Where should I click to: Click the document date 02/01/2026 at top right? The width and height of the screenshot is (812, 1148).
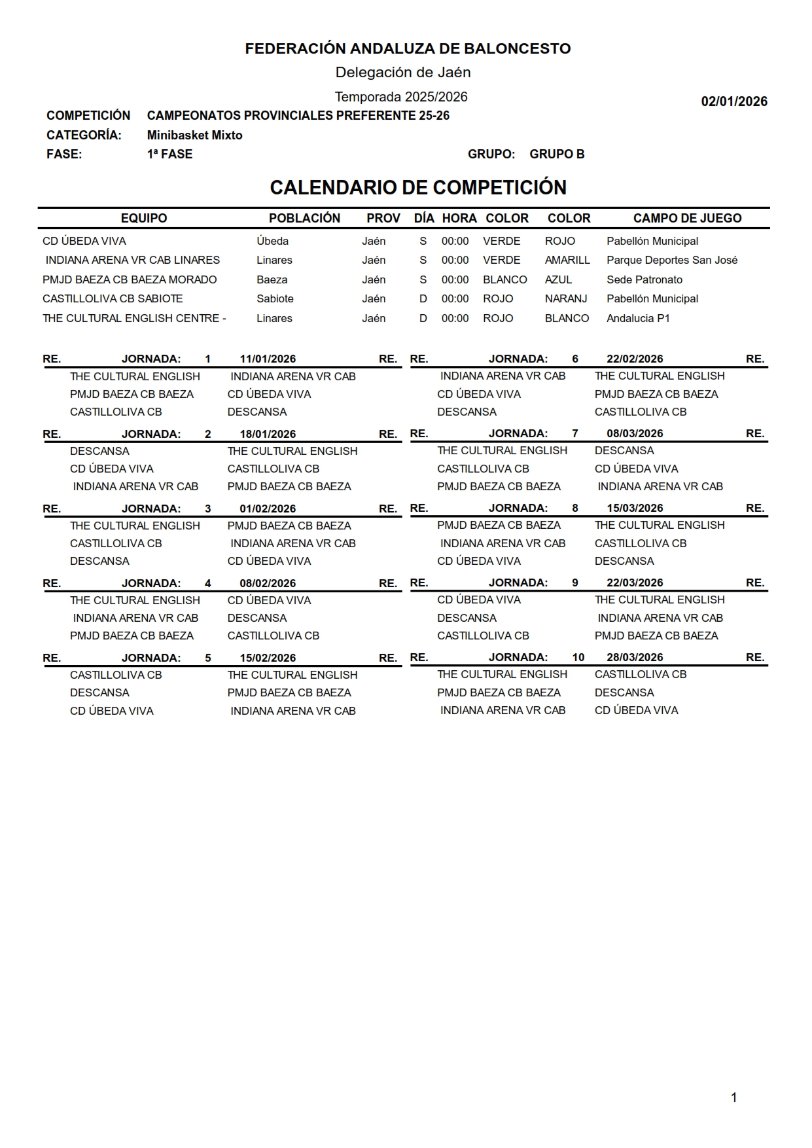(734, 101)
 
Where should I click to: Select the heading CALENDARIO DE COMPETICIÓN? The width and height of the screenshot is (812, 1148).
(418, 188)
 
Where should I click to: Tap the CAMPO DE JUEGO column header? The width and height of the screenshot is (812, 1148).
(687, 219)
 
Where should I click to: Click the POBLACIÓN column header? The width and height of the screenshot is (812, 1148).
(304, 219)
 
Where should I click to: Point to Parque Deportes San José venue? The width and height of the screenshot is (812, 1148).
(671, 260)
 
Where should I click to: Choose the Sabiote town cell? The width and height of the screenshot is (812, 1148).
(275, 299)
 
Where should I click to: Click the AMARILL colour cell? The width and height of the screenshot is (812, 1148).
(567, 260)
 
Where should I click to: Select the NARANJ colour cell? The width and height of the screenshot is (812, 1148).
(566, 299)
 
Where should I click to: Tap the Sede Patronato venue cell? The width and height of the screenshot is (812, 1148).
(644, 280)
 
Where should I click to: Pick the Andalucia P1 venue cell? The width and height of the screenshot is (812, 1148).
(638, 319)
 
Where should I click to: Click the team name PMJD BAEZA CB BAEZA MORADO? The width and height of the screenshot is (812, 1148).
(130, 280)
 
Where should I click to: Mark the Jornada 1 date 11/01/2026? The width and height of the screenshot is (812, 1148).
(268, 359)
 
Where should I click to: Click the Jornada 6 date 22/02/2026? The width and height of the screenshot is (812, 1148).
(635, 359)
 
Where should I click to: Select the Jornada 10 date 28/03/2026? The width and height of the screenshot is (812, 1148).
(635, 658)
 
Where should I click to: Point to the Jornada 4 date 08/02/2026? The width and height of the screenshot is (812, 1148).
(268, 584)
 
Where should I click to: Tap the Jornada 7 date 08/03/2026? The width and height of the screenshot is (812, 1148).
(635, 434)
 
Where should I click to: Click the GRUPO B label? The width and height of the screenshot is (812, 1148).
(557, 154)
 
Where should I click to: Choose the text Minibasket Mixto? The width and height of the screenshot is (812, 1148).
(194, 135)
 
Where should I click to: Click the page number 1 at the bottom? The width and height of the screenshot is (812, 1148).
(733, 1098)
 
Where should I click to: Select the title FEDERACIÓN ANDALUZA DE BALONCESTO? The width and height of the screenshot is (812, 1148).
(408, 48)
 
